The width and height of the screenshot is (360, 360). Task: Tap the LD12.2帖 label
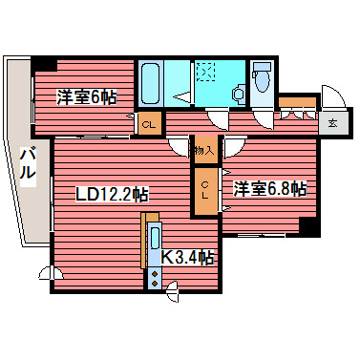coord(112,193)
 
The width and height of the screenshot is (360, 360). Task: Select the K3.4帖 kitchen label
coord(186,256)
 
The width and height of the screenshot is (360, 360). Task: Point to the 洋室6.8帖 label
coord(270,188)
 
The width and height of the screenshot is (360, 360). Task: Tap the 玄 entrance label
coord(332,122)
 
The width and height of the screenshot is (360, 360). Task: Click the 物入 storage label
coord(204,149)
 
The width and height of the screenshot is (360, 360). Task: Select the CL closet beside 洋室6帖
coord(148,125)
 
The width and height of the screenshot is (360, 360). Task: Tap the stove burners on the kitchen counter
coord(154,277)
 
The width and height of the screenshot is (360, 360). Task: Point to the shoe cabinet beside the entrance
coord(298,107)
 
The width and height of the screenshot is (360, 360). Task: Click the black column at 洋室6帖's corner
coord(42,65)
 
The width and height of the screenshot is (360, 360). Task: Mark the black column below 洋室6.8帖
coord(307,226)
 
